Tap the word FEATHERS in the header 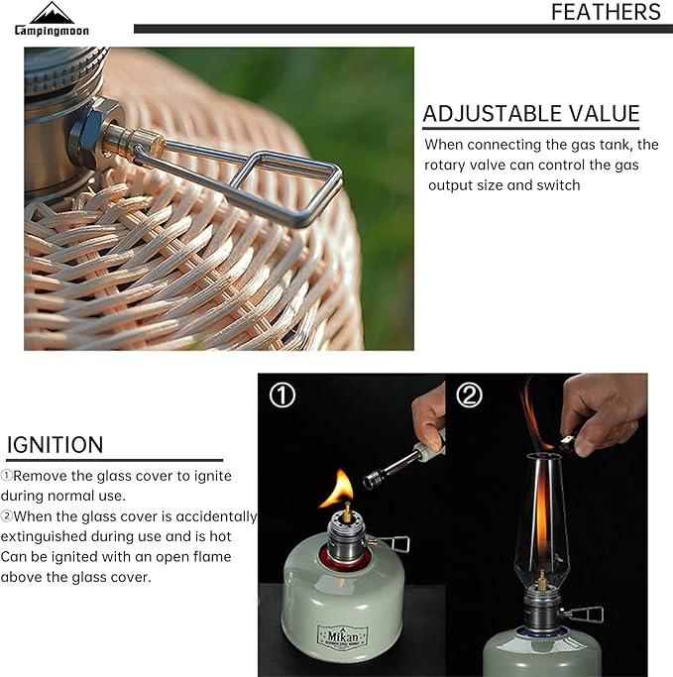tap(606, 12)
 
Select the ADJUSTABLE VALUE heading tap(531, 114)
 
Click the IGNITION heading tap(56, 445)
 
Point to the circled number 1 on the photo tap(282, 395)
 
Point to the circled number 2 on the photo tap(469, 395)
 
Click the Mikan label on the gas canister tap(343, 636)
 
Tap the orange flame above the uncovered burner tap(339, 489)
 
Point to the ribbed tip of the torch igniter tap(372, 480)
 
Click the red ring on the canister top tap(342, 560)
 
